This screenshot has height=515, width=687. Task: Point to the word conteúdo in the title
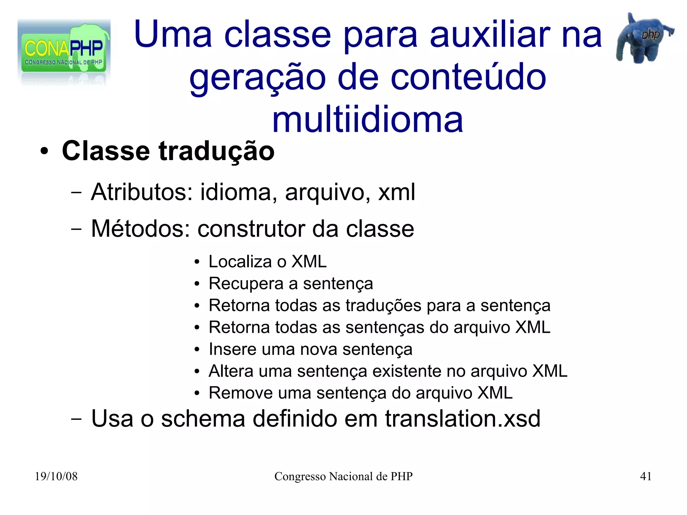[x=468, y=78]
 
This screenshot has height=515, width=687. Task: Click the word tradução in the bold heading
[x=216, y=151]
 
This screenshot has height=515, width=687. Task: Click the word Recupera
[x=246, y=284]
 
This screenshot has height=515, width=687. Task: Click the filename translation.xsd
[x=463, y=419]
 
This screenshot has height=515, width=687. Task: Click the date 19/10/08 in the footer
[x=56, y=476]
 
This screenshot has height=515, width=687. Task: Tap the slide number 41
[x=646, y=476]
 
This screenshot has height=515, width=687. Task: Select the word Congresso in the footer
[x=300, y=477]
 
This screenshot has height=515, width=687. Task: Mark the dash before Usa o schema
[x=76, y=419]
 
